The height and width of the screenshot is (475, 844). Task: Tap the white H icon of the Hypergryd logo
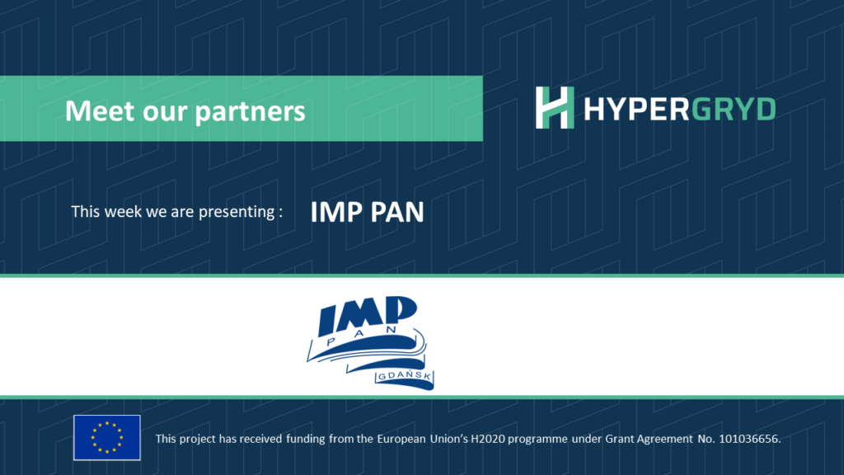pos(554,108)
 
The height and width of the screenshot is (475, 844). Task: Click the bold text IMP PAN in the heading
pos(367,212)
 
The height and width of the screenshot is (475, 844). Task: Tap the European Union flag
pos(107,437)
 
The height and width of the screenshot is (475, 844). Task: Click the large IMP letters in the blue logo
pos(368,315)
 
